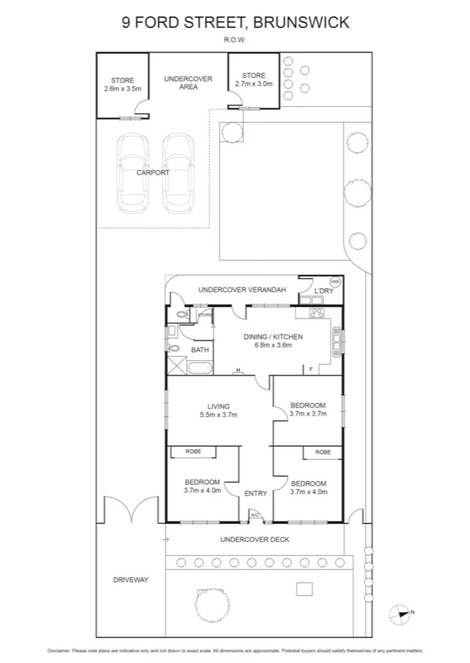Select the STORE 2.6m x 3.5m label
123,85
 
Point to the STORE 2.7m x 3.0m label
253,80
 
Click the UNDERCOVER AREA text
188,83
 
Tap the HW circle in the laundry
335,281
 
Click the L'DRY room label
324,291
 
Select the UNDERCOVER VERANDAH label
242,290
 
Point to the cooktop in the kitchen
319,314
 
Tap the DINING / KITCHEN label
273,340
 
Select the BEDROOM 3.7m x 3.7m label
307,410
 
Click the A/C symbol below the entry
255,515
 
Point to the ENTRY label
256,494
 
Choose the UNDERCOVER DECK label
255,539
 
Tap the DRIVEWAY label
130,579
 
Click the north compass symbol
402,613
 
